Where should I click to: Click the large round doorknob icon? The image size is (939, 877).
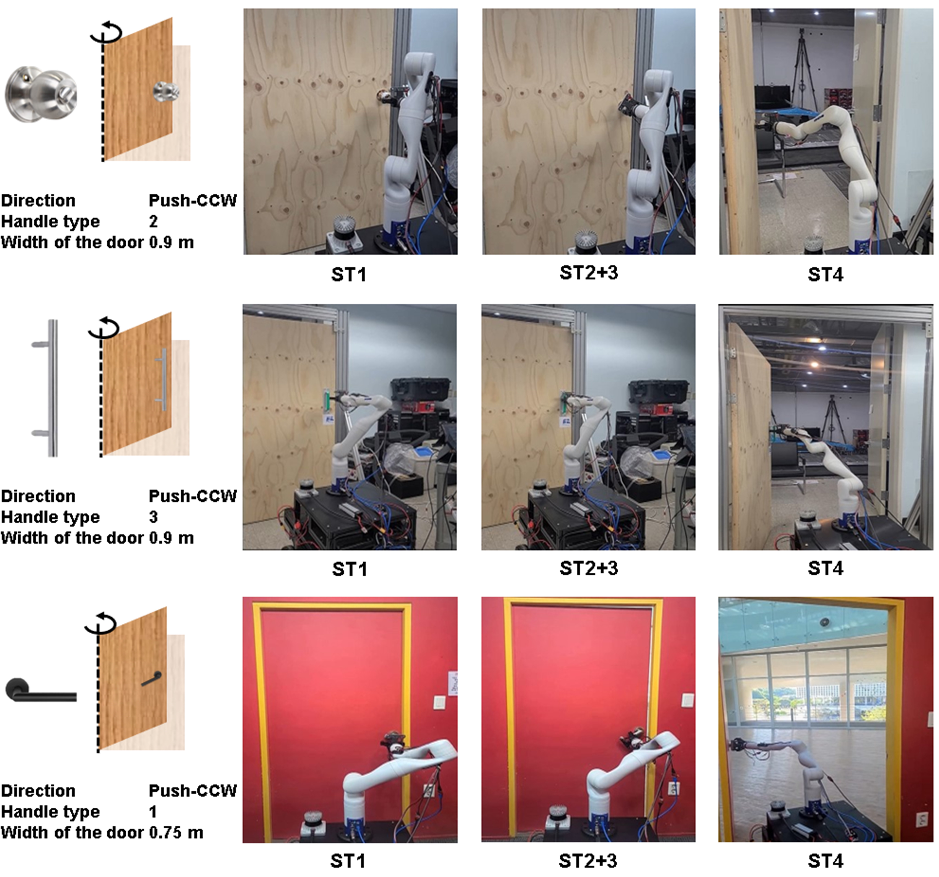coord(41,94)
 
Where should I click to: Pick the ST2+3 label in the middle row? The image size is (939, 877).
coord(589,568)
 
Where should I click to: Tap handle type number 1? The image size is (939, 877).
coord(153,811)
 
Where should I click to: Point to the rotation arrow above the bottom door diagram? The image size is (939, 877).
coord(101,623)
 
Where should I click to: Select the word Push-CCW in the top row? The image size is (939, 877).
coord(192,200)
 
